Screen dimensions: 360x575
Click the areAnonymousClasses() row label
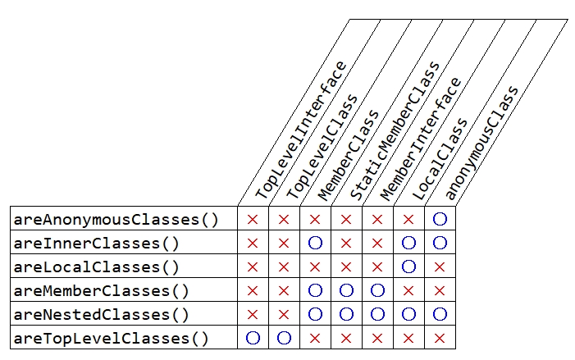(x=116, y=220)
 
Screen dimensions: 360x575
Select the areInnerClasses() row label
(x=96, y=244)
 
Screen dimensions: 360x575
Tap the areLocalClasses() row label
(x=96, y=267)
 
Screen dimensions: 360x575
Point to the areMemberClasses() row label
(x=101, y=291)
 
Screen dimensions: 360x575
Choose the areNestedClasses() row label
(x=101, y=314)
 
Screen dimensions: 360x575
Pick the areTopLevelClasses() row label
(x=111, y=338)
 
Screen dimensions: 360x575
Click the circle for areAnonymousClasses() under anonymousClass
(x=440, y=220)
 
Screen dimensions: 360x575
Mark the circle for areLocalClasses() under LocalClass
(x=408, y=267)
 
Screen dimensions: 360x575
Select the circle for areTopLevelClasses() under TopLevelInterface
(x=253, y=338)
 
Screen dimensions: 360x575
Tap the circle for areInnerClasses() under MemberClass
(x=315, y=244)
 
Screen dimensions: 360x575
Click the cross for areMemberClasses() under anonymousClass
(x=440, y=291)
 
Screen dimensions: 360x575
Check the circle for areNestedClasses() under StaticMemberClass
(x=346, y=314)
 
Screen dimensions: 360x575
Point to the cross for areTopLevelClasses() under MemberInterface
(x=377, y=338)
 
